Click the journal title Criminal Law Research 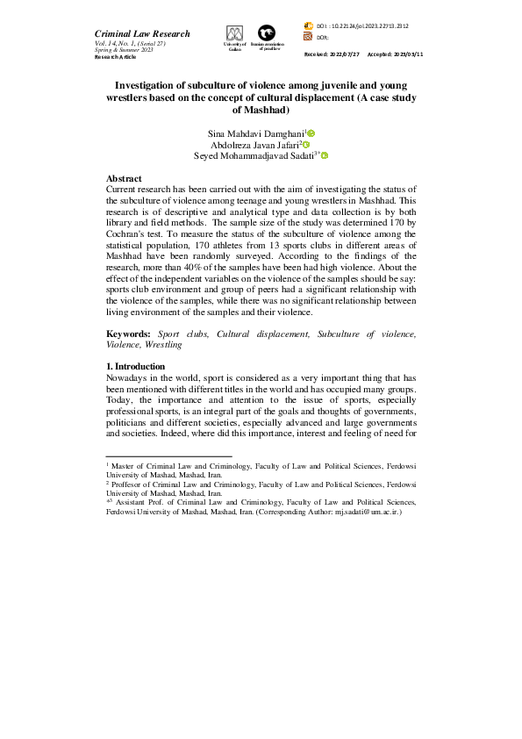point(142,33)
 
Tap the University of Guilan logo point(234,33)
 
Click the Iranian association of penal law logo point(263,32)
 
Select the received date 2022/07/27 point(347,54)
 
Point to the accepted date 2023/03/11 point(406,54)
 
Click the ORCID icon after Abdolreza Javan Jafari point(306,144)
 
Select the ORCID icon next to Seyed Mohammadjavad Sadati point(325,155)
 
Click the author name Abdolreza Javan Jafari point(254,145)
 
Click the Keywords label point(128,334)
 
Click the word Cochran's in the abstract point(130,235)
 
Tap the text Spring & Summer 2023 point(124,50)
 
